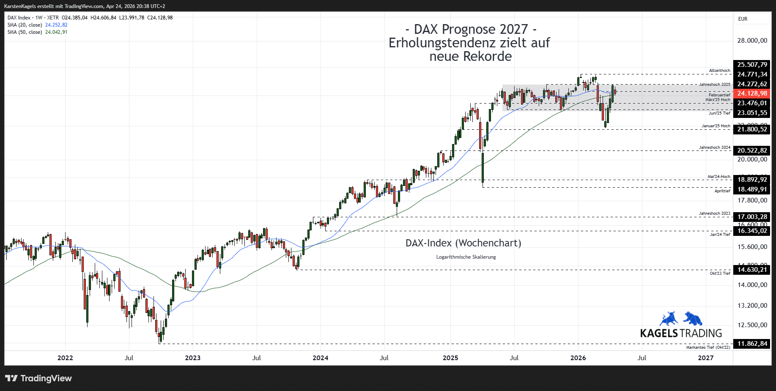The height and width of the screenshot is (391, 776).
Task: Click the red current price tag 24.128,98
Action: click(x=751, y=93)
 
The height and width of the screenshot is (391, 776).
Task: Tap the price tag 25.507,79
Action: click(x=751, y=65)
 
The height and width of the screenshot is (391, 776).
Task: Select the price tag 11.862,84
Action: click(x=751, y=344)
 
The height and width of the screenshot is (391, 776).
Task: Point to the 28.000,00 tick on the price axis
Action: click(x=752, y=41)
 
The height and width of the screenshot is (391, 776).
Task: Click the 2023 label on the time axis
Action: click(x=193, y=358)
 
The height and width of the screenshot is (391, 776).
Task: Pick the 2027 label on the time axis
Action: click(x=705, y=358)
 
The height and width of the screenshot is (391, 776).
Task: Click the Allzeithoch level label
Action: click(x=719, y=71)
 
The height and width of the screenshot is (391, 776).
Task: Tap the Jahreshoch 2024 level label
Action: click(x=714, y=148)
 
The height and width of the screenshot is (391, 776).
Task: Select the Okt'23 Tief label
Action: click(x=720, y=273)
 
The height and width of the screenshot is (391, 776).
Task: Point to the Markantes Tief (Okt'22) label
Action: click(x=708, y=347)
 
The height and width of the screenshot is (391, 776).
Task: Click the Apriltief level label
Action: click(x=722, y=191)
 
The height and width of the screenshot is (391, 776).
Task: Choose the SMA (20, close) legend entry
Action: click(x=25, y=25)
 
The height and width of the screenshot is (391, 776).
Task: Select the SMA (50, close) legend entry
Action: click(x=25, y=32)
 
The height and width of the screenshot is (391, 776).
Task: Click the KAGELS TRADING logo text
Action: click(x=681, y=333)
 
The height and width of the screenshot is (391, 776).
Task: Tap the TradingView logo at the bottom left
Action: click(x=38, y=378)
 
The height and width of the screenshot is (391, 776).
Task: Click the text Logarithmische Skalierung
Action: click(x=466, y=257)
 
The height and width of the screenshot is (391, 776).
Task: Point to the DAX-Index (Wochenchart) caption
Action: click(x=463, y=243)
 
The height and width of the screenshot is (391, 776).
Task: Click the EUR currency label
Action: click(x=743, y=19)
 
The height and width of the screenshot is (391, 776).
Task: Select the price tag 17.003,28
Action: click(x=751, y=217)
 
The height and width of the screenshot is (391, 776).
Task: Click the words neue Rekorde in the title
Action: click(x=470, y=56)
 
